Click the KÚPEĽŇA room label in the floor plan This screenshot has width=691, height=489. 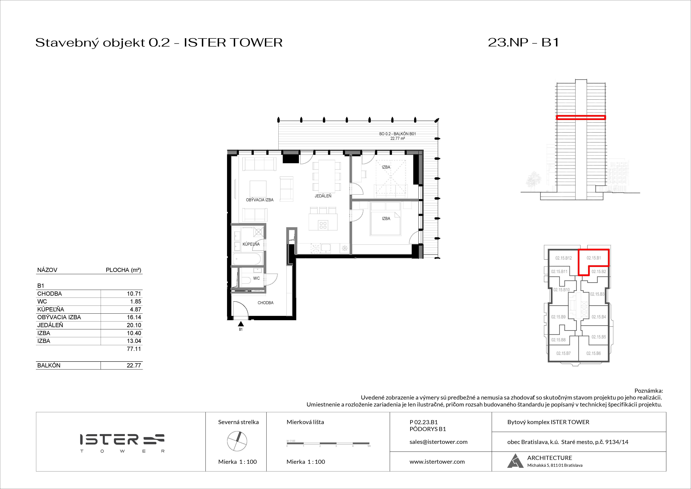tap(251, 244)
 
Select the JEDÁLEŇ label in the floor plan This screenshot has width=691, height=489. tap(323, 196)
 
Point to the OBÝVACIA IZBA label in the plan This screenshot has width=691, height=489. tap(259, 200)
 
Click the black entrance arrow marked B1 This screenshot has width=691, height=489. tap(241, 324)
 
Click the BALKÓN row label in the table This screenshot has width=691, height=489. tap(49, 365)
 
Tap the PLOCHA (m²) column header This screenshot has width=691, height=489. tap(123, 270)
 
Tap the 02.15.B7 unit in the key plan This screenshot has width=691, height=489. tap(563, 353)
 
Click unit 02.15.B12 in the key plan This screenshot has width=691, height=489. tap(563, 258)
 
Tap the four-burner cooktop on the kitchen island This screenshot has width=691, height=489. tap(323, 225)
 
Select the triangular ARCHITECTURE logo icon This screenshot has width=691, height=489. tap(515, 461)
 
